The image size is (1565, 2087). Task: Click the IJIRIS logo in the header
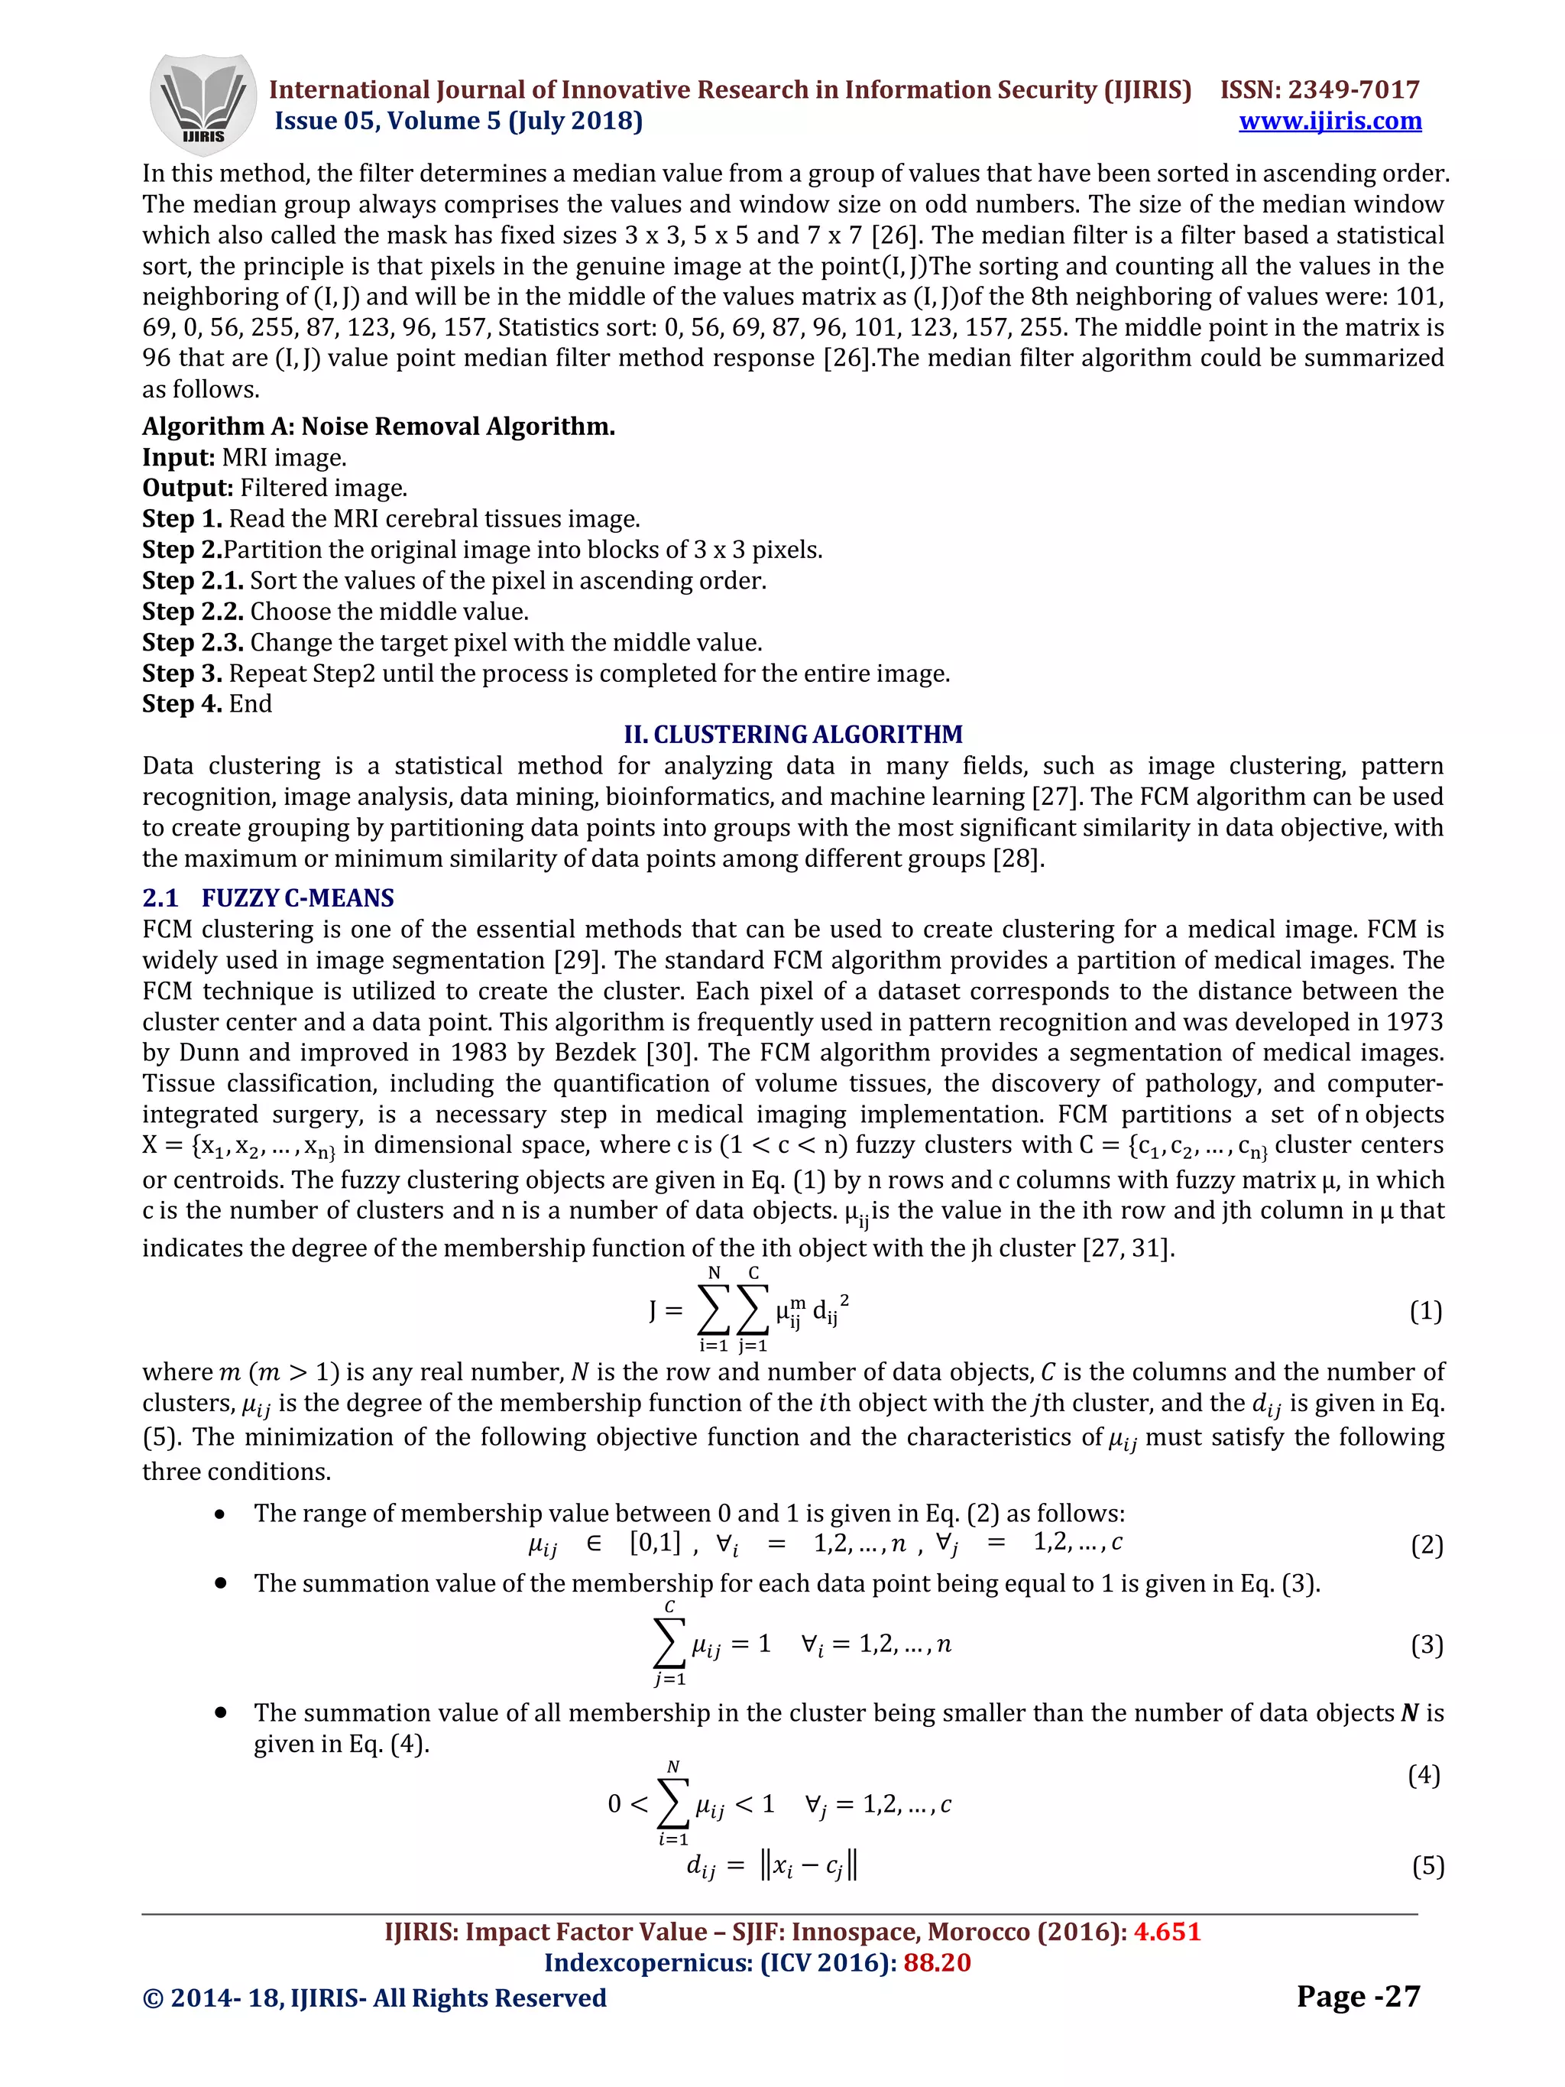click(203, 104)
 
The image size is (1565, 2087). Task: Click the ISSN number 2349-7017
click(1353, 89)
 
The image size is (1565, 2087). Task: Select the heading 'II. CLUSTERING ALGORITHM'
click(793, 734)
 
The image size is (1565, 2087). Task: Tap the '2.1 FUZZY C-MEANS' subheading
click(268, 897)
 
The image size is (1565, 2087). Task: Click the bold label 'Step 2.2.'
click(193, 612)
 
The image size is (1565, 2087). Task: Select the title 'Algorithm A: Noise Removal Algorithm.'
click(378, 427)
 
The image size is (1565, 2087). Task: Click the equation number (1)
click(1425, 1310)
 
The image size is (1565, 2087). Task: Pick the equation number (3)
click(1427, 1644)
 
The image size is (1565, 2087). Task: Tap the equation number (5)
click(1427, 1865)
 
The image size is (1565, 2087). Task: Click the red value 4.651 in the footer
click(1167, 1931)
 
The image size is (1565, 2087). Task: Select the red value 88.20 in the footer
click(937, 1962)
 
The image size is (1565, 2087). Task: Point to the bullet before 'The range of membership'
click(220, 1514)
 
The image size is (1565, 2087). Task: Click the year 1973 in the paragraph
click(1409, 1022)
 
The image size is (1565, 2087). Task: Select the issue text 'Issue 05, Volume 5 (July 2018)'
click(458, 121)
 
